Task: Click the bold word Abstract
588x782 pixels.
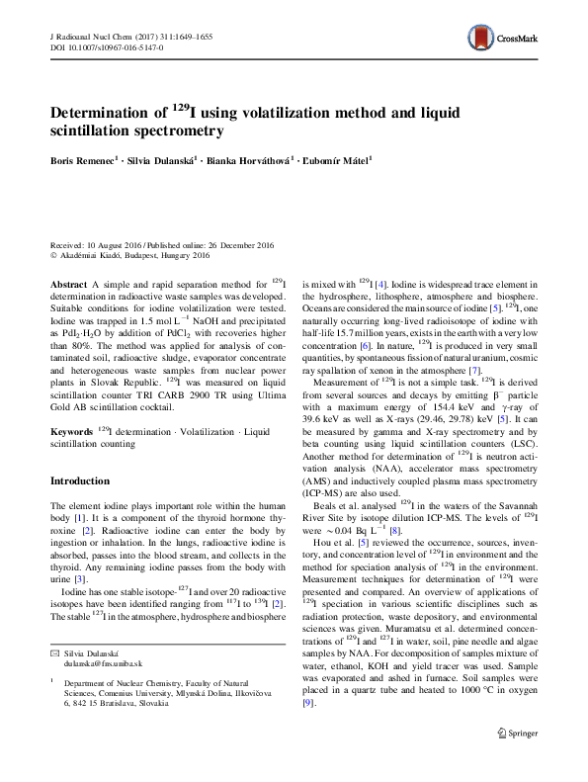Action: pyautogui.click(x=67, y=283)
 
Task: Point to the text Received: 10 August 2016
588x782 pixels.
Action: pyautogui.click(x=96, y=243)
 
